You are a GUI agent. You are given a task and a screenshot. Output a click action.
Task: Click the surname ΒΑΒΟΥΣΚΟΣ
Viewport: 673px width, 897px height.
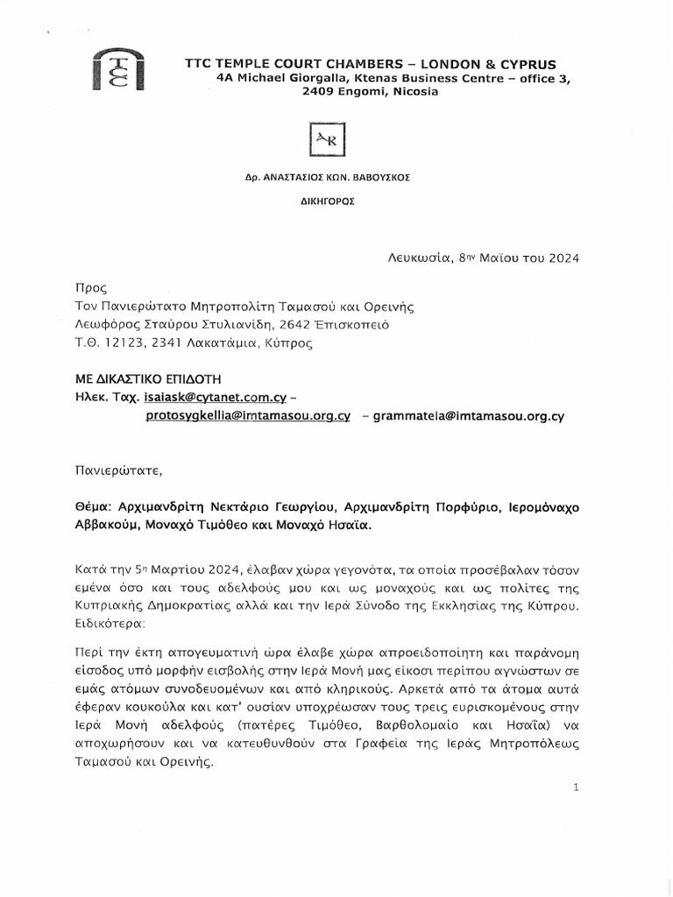(383, 176)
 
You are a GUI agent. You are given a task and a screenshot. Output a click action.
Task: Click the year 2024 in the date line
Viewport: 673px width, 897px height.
(562, 258)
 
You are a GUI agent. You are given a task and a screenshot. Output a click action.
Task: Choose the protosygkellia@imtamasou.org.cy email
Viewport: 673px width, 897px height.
(248, 417)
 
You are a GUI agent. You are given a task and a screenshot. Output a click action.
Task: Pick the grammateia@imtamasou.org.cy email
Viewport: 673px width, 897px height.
(468, 417)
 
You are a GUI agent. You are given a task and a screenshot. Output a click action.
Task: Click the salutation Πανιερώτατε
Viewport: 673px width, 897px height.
(113, 470)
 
